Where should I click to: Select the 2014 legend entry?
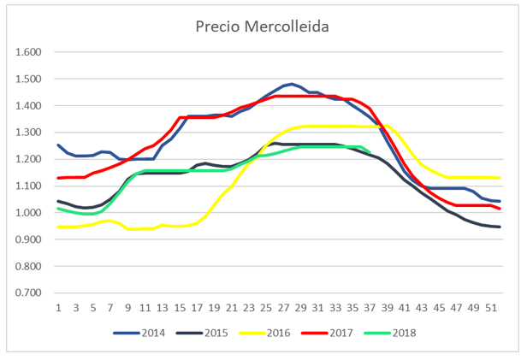pyautogui.click(x=152, y=333)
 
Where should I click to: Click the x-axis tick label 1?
pyautogui.click(x=58, y=308)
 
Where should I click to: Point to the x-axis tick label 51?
pyautogui.click(x=489, y=308)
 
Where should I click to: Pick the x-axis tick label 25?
pyautogui.click(x=265, y=308)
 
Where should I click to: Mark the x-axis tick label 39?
pyautogui.click(x=386, y=308)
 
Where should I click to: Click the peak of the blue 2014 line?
pyautogui.click(x=292, y=84)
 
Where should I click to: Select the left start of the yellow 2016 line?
pyautogui.click(x=58, y=227)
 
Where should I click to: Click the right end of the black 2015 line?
pyautogui.click(x=499, y=227)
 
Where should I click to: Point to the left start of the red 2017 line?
pyautogui.click(x=58, y=178)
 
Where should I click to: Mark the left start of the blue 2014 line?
pyautogui.click(x=58, y=145)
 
